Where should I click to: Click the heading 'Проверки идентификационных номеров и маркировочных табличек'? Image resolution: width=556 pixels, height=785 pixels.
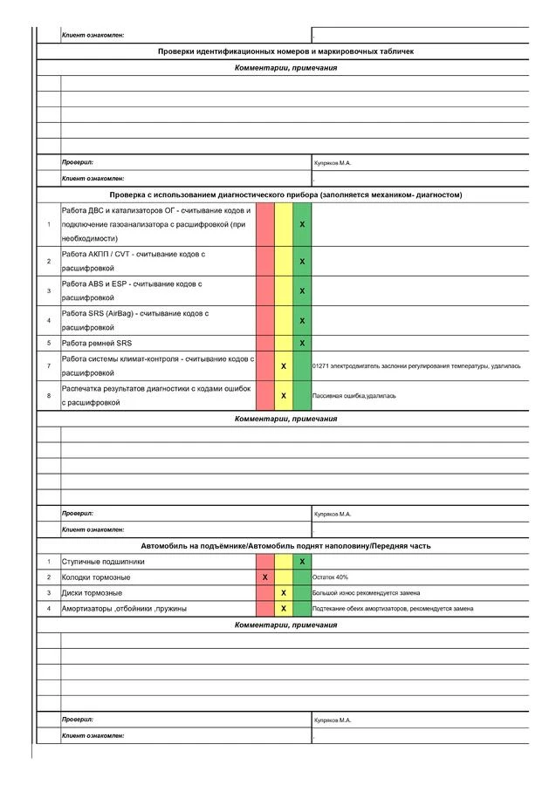(285, 51)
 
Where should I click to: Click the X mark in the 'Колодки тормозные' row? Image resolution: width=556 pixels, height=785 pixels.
(265, 577)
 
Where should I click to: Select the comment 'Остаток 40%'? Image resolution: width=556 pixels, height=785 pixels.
(331, 577)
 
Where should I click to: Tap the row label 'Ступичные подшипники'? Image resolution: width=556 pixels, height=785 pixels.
(103, 562)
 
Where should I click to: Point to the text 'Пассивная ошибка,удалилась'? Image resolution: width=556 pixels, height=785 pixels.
(354, 395)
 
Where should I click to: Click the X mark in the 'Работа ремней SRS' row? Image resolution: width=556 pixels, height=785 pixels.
(302, 343)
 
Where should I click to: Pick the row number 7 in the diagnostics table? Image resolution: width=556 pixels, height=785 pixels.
(49, 365)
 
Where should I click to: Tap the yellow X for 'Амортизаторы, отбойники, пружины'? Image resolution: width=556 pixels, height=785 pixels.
(284, 608)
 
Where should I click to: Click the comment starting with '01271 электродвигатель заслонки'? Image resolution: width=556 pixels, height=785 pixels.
(416, 365)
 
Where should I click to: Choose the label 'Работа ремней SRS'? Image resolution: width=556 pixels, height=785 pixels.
(96, 343)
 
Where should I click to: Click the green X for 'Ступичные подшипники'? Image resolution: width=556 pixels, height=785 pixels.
(302, 562)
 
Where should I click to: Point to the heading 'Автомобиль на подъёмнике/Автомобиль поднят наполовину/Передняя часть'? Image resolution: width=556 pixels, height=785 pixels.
(285, 545)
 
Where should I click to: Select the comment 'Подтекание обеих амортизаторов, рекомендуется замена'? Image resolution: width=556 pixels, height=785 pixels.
(393, 608)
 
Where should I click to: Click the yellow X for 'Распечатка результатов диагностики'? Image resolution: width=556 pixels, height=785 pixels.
(284, 395)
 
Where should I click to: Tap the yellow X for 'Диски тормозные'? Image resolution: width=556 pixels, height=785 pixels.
(284, 593)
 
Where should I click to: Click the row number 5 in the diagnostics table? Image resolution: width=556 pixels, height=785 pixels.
(49, 343)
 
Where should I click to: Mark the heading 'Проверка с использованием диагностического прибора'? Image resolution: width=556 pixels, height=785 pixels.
(285, 195)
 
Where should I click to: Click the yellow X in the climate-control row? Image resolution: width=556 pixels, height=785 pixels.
(284, 365)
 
